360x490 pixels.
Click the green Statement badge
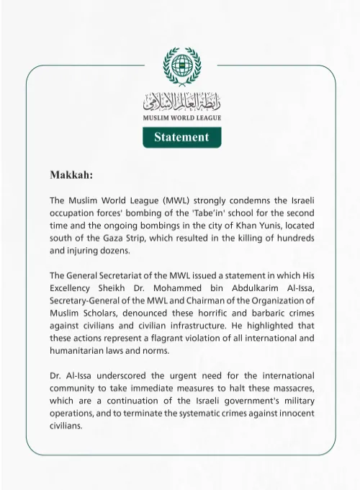pos(181,137)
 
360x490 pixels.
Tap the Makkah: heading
pos(71,175)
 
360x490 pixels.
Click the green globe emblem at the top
pos(181,66)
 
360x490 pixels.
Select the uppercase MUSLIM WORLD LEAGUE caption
pos(181,117)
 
